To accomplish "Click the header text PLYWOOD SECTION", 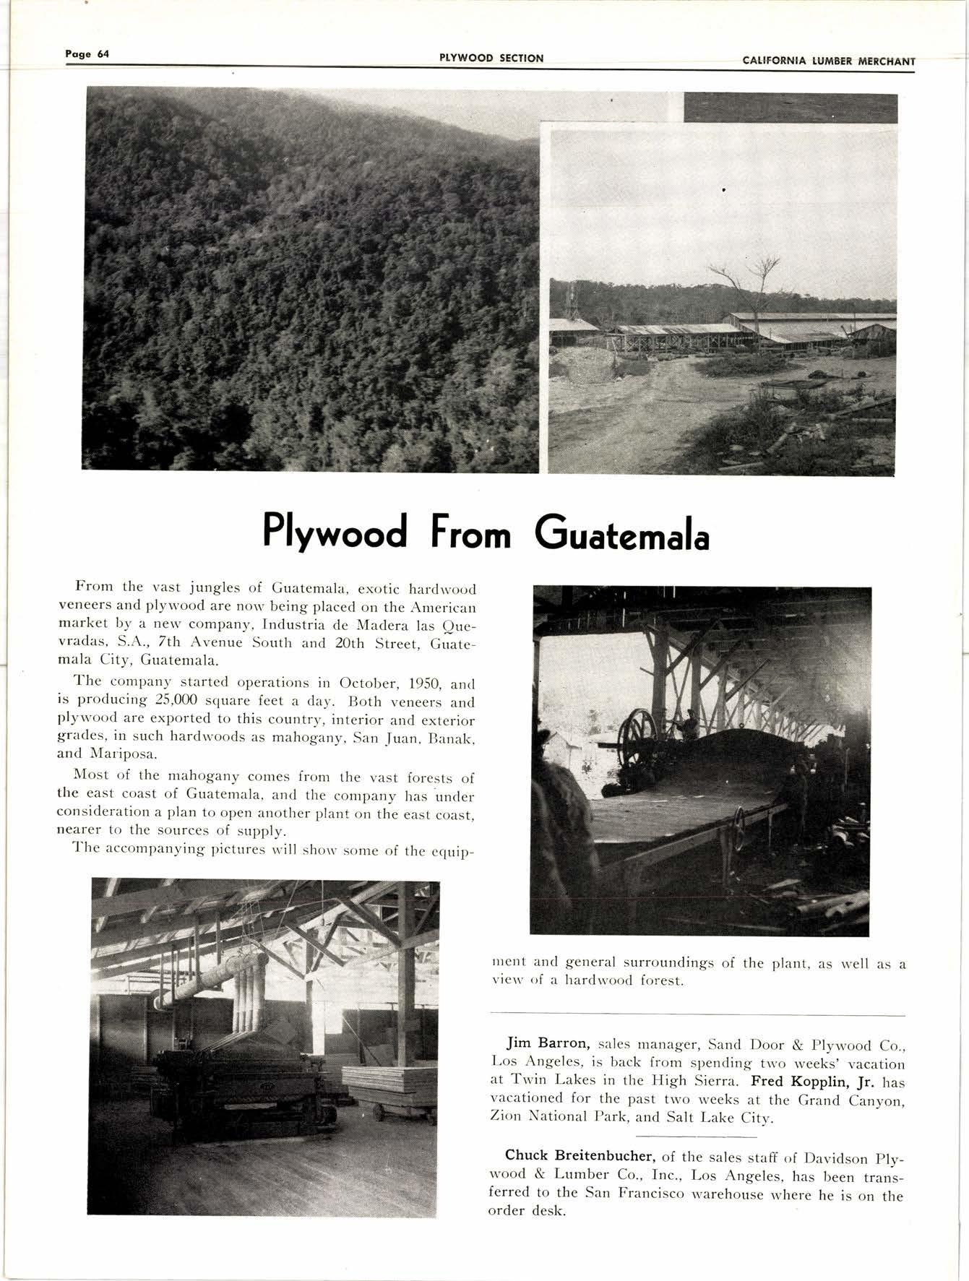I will pyautogui.click(x=491, y=59).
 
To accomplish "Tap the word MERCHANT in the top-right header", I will pyautogui.click(x=887, y=61).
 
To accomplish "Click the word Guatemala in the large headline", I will pyautogui.click(x=622, y=535).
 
